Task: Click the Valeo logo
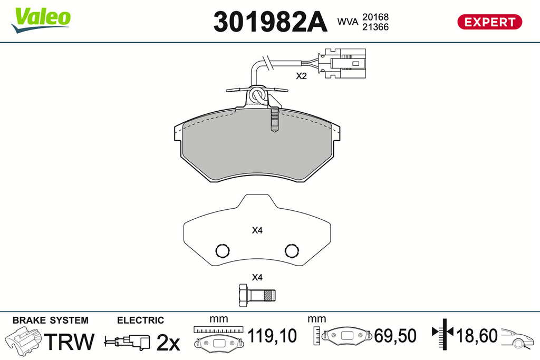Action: click(41, 20)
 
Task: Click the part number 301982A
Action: click(270, 22)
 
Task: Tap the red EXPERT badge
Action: click(489, 22)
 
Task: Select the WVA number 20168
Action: click(375, 17)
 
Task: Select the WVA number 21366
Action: click(375, 27)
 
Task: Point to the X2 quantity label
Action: click(301, 76)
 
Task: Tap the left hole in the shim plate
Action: click(222, 250)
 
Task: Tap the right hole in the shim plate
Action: click(292, 250)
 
